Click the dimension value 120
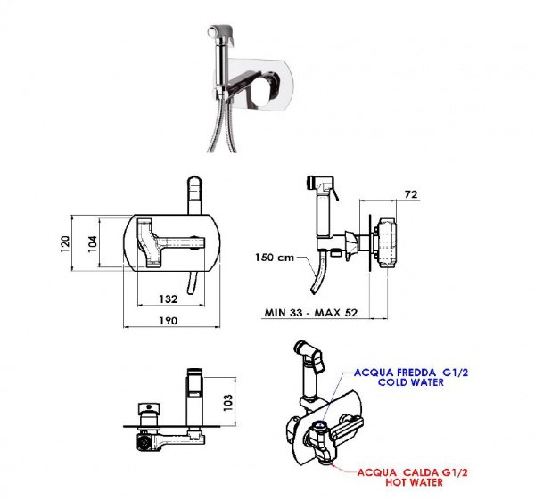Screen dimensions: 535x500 [65, 244]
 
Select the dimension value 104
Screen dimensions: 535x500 [93, 244]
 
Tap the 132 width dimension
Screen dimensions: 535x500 [169, 299]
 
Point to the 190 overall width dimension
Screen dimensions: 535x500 [169, 321]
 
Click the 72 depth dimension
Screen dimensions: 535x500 [411, 194]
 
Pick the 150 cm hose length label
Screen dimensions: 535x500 [275, 258]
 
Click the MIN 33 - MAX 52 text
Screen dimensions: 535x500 [311, 313]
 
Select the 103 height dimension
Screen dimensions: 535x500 [227, 403]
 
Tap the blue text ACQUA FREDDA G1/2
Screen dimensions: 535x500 [411, 372]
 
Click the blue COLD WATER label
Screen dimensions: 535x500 [411, 382]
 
